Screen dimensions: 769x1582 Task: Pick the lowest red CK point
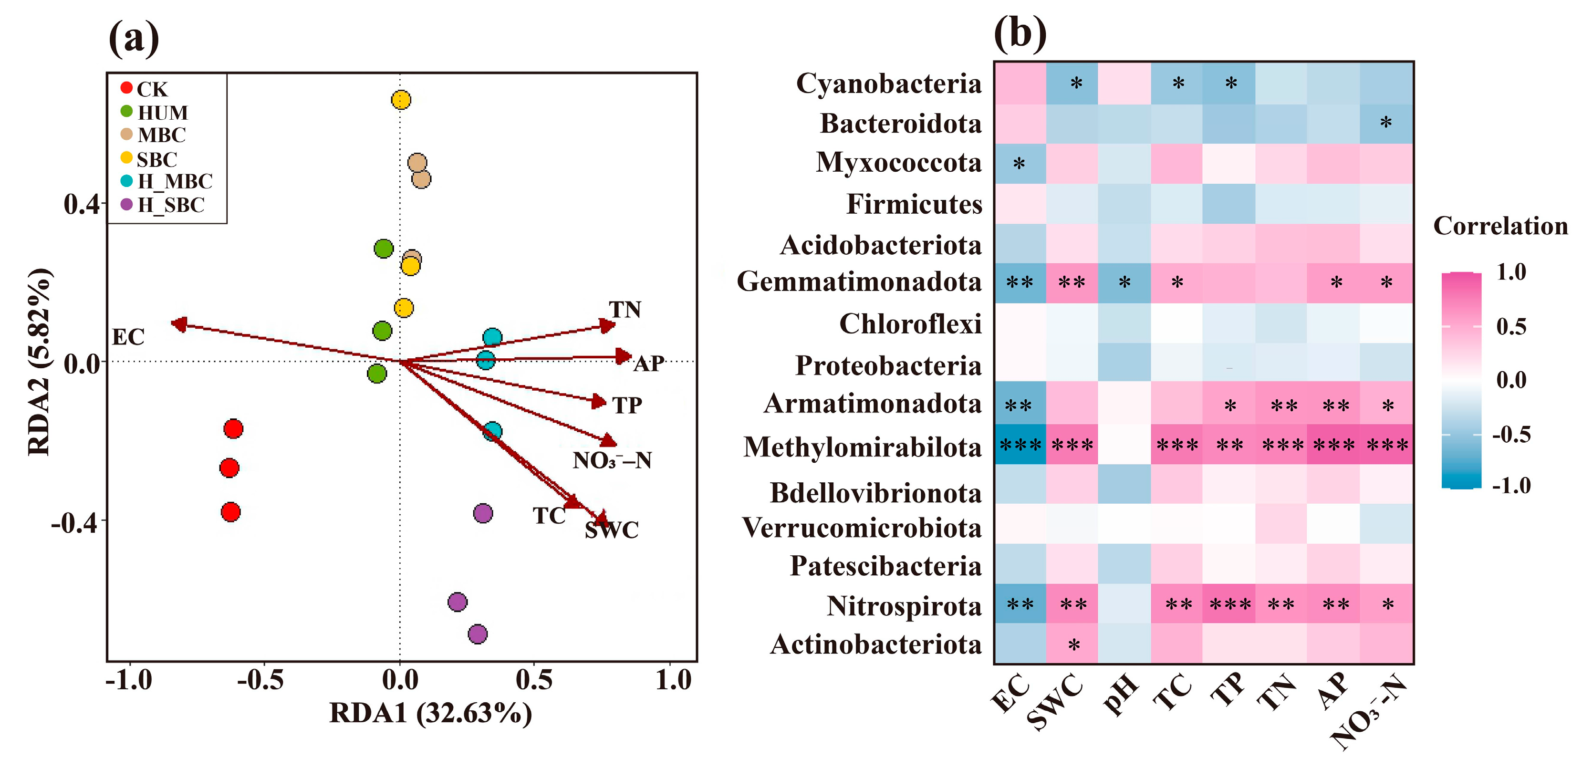tap(230, 512)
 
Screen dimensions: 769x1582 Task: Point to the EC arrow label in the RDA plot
tap(128, 337)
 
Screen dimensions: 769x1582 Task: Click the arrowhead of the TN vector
tap(607, 325)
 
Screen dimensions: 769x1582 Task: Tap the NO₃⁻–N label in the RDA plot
tap(612, 460)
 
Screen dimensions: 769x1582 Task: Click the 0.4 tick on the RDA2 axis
tap(82, 204)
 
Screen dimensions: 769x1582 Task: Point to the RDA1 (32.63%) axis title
tap(430, 713)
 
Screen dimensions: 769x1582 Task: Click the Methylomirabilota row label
tap(862, 447)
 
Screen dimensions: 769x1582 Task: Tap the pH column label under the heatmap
tap(1122, 694)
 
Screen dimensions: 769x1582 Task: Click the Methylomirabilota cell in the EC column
tap(1020, 444)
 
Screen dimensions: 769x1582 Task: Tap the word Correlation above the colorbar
tap(1500, 226)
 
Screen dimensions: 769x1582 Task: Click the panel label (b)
tap(1020, 33)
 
